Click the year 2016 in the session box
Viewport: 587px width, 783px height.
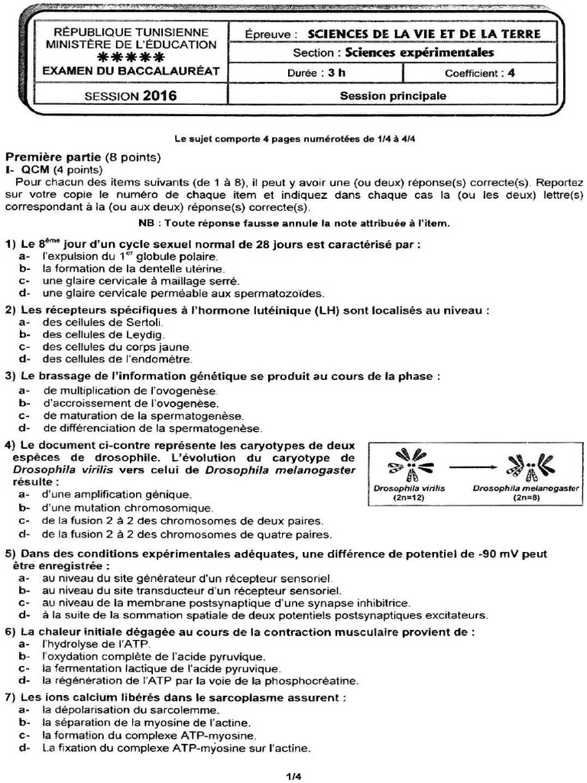[159, 96]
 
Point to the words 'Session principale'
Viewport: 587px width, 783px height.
[393, 96]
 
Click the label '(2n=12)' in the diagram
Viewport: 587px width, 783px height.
[410, 497]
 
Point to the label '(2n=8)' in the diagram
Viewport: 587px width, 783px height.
[526, 497]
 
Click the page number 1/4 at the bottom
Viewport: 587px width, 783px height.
[293, 776]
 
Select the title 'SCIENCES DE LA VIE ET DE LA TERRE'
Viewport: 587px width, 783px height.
[423, 34]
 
